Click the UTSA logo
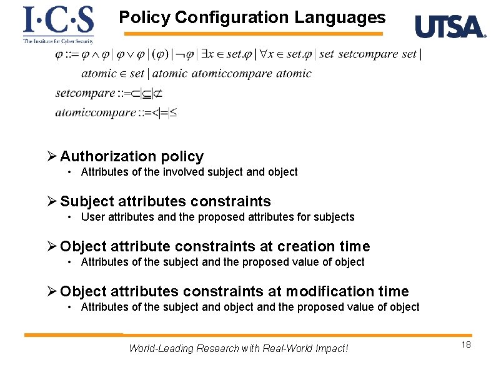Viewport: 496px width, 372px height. (450, 27)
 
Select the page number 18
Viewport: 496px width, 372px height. (466, 346)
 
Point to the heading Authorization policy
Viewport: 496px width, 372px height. (132, 156)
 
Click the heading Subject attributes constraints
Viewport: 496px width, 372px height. (166, 201)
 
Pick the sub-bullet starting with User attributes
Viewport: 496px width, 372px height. (217, 217)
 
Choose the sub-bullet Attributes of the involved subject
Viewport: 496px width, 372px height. (189, 172)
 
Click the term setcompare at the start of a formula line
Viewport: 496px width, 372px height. (85, 93)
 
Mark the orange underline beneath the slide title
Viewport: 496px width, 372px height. (253, 34)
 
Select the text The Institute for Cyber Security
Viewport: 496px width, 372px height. (58, 41)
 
